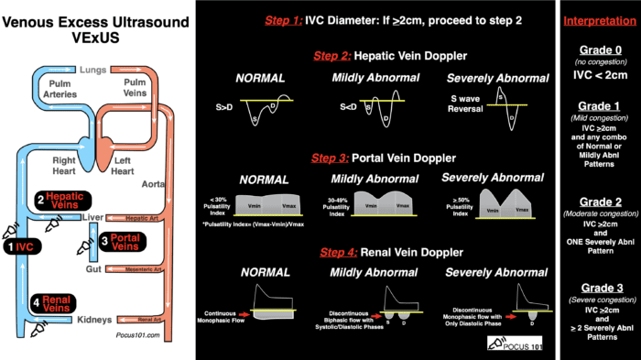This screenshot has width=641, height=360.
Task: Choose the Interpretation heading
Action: pos(599,20)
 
